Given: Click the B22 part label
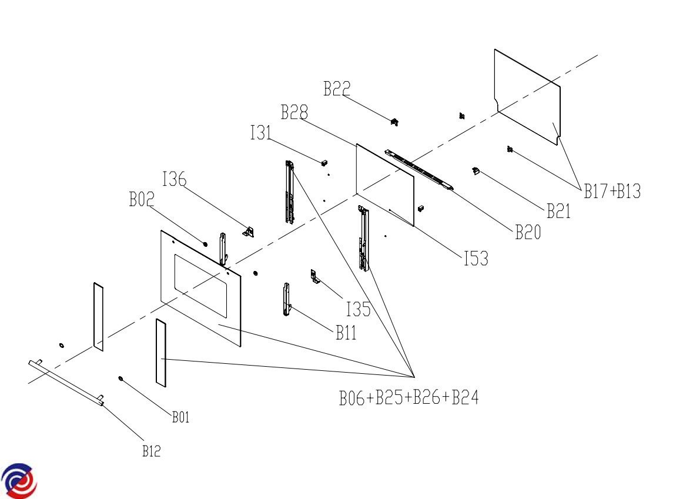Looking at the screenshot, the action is coord(337,89).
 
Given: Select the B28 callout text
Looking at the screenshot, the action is coord(294,112).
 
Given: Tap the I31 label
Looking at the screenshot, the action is coord(261,133).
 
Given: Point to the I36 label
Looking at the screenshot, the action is coord(174,179).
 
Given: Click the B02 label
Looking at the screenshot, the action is coord(142,199).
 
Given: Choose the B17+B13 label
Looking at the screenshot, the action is coord(612,191).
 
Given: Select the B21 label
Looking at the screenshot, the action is coord(558,210).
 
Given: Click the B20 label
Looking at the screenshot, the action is coord(528,232).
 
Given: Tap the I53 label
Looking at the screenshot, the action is coord(477,258).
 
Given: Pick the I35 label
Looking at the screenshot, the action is coord(359,309).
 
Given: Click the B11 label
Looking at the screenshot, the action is coord(346,333).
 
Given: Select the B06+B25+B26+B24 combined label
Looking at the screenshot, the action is coord(409,397).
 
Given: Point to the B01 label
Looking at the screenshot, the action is coord(180,417).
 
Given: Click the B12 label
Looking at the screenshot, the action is coord(152,451).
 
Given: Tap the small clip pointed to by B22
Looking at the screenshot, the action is coord(394,122).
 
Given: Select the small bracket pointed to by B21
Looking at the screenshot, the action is coord(476,171).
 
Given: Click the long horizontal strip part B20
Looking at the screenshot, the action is coord(419,169).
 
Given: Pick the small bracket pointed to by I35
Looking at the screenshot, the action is coord(315,276).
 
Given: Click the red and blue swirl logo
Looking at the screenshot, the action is coord(19,481).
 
